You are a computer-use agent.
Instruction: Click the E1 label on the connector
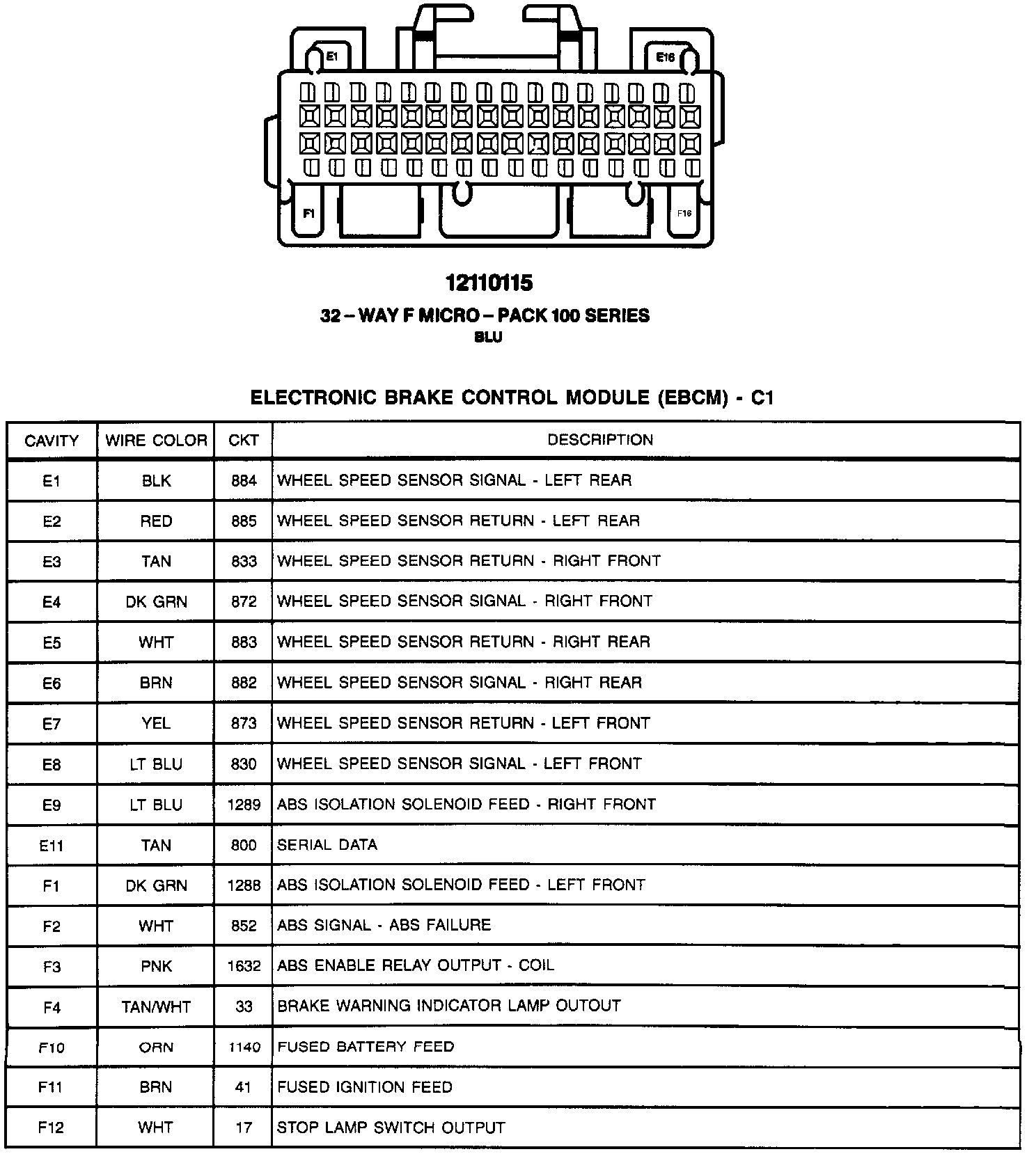tap(332, 56)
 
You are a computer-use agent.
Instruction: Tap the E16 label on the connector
tap(665, 57)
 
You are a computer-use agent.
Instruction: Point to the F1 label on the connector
tap(308, 213)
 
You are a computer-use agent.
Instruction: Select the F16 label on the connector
tap(684, 213)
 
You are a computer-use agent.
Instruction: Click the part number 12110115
tap(489, 283)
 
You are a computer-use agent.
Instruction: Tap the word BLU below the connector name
tap(488, 338)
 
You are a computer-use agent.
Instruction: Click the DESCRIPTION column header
tap(600, 440)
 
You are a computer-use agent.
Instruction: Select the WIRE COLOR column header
tap(156, 441)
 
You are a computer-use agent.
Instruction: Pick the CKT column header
tap(244, 441)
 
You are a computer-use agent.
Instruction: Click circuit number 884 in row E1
tap(244, 481)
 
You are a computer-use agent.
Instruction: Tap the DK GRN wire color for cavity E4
tap(156, 602)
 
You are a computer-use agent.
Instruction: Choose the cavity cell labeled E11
tap(52, 846)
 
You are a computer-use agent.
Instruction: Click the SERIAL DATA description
tap(327, 845)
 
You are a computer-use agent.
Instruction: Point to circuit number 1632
tap(244, 966)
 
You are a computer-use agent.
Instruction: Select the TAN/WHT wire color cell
tap(156, 1007)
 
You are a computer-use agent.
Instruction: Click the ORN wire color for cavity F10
tap(156, 1048)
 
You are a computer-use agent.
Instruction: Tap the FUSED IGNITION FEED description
tap(365, 1087)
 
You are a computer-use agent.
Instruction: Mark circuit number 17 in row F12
tap(244, 1128)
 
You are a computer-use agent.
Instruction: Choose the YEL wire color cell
tap(156, 724)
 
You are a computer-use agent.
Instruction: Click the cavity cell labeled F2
tap(52, 926)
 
